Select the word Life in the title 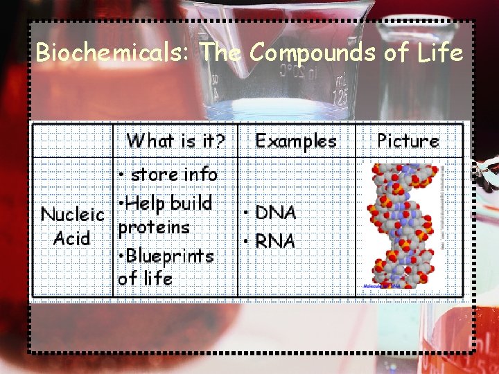click(x=440, y=53)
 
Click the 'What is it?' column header click(x=175, y=141)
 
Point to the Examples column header click(x=296, y=141)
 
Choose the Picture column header click(x=408, y=141)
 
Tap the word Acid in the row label click(x=72, y=239)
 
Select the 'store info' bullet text click(x=173, y=175)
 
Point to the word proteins click(x=154, y=228)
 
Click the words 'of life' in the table click(x=145, y=278)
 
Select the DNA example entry click(x=275, y=213)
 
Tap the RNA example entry click(x=275, y=242)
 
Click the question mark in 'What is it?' click(x=220, y=141)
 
